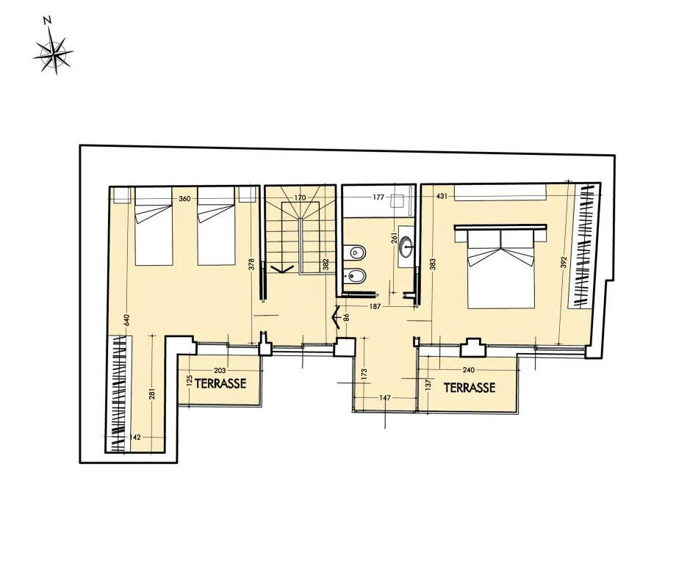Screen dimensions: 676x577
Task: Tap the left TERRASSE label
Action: click(x=220, y=383)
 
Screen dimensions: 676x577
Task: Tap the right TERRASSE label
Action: click(x=470, y=388)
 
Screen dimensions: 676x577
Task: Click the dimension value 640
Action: click(x=126, y=320)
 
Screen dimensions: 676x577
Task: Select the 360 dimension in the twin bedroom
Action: click(x=184, y=198)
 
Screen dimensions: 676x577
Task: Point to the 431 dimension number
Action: click(x=442, y=196)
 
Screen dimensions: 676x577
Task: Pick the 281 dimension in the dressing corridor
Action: click(x=152, y=394)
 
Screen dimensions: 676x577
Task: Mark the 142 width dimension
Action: click(x=135, y=437)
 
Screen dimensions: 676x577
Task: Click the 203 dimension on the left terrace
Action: click(x=220, y=370)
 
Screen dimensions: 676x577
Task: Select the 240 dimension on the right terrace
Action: click(x=468, y=369)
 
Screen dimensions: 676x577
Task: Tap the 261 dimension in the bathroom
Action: click(x=393, y=239)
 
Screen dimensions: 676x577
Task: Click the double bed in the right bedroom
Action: click(x=500, y=266)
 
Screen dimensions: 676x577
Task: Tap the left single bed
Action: click(x=154, y=226)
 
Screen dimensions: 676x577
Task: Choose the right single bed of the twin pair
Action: click(x=217, y=226)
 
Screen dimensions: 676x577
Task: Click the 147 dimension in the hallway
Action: click(x=384, y=398)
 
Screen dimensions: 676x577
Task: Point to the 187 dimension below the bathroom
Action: click(x=375, y=307)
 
